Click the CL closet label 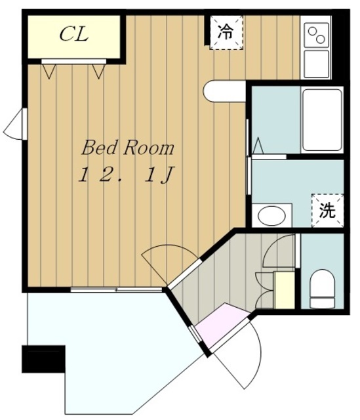tap(74, 34)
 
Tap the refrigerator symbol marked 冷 tap(226, 32)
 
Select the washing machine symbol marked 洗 tap(327, 211)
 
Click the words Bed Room tap(128, 148)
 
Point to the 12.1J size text tap(127, 175)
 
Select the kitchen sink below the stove tap(317, 64)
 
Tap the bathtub tap(322, 120)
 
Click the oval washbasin tap(271, 216)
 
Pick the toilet tap(322, 289)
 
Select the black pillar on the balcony tap(43, 359)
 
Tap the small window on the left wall tap(16, 124)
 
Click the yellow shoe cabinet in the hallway tap(285, 290)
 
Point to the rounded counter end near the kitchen tap(224, 91)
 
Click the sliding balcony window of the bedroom tap(116, 289)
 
